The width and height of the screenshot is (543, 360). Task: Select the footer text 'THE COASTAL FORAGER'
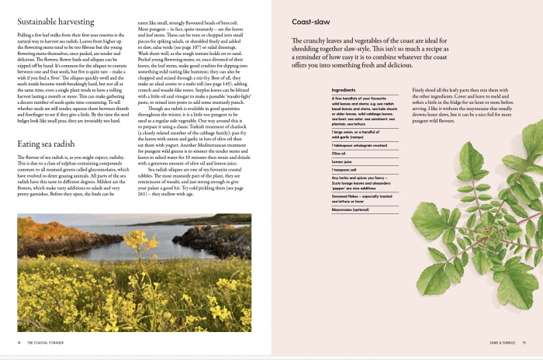46,341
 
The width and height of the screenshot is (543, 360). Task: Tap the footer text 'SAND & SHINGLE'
501,341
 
